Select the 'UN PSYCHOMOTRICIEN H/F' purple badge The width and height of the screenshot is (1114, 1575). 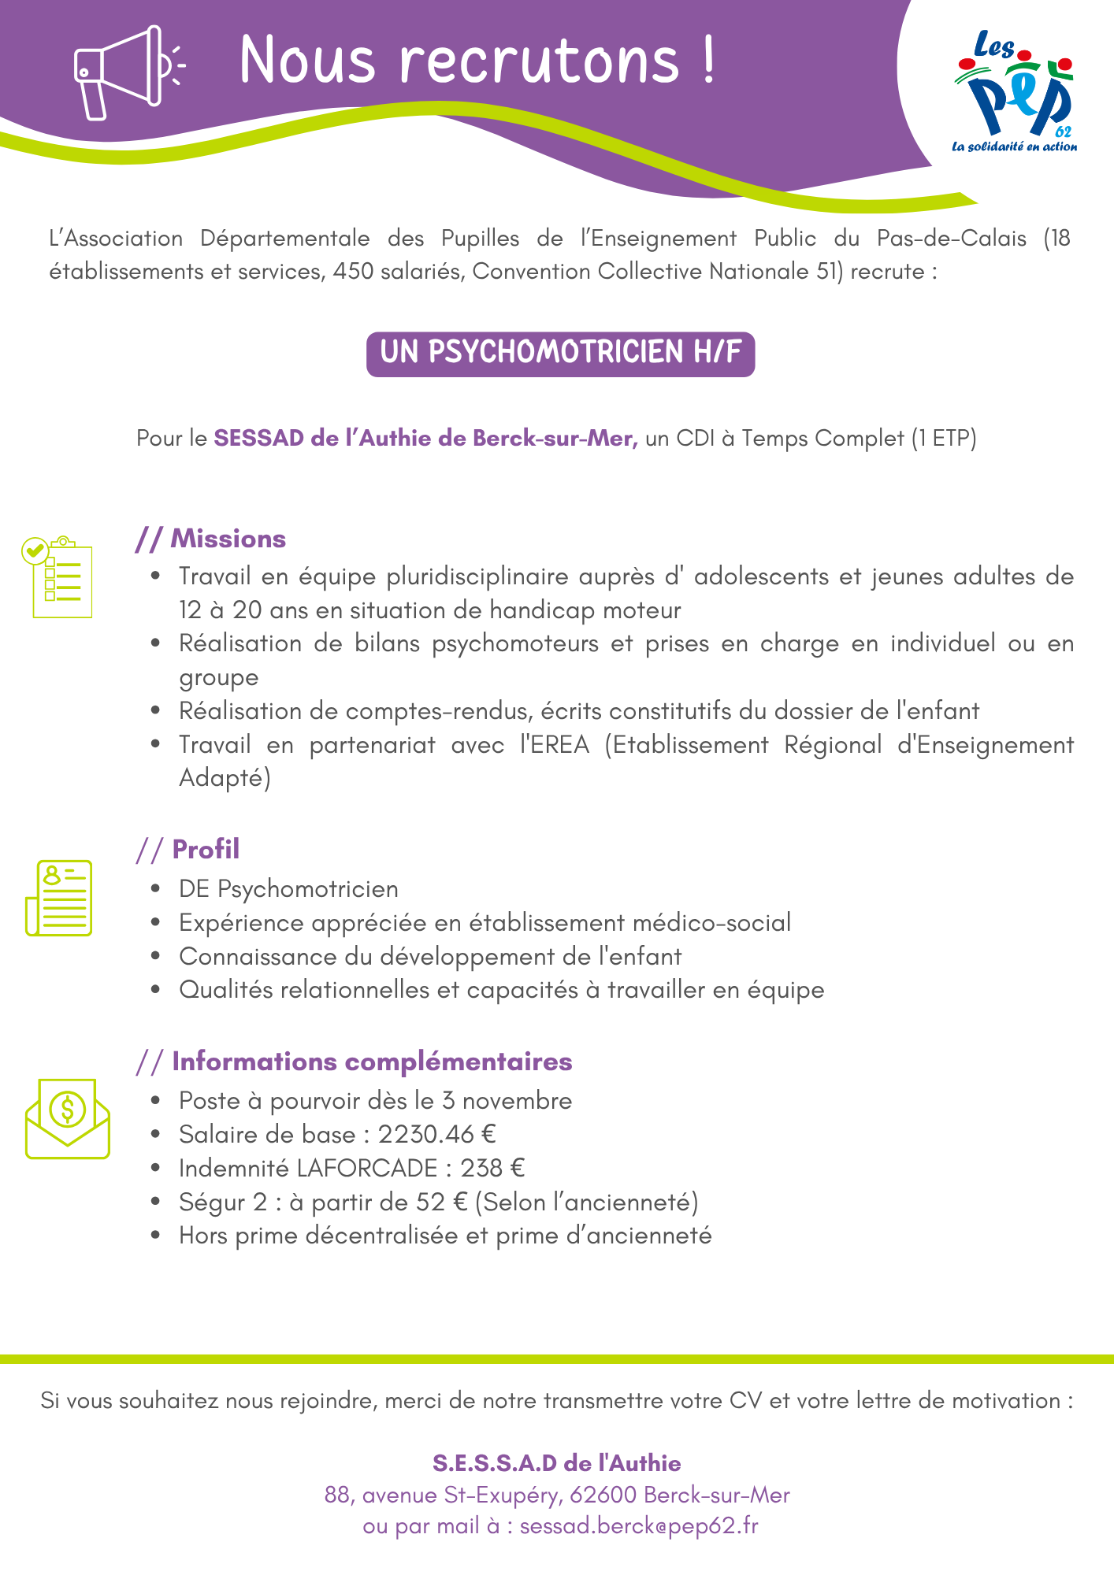click(560, 354)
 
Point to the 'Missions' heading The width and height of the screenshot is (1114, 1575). click(228, 539)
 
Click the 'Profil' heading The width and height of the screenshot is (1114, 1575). click(206, 849)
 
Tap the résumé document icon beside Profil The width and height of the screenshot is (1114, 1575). click(59, 898)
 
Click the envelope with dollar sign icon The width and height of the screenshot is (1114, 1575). click(68, 1118)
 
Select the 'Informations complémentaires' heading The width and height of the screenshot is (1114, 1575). click(372, 1061)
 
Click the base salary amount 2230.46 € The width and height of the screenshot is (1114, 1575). click(436, 1134)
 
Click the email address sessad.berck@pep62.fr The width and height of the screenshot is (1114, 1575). click(639, 1525)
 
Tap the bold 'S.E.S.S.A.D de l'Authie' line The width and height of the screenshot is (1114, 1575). click(556, 1463)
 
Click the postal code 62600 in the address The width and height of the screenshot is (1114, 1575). click(603, 1495)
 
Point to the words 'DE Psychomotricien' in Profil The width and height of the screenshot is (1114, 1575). click(288, 889)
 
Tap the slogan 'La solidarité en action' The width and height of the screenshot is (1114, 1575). click(1014, 146)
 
